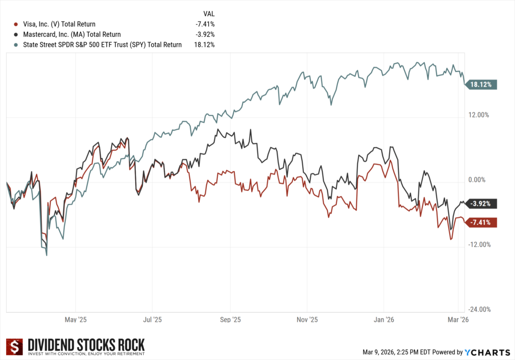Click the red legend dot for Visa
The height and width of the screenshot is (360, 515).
pos(16,24)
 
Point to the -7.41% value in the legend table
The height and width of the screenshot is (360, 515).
pos(205,24)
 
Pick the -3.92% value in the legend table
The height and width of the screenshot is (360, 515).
pos(205,34)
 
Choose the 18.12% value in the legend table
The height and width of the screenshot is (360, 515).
pos(204,45)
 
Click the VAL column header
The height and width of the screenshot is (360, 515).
pos(208,13)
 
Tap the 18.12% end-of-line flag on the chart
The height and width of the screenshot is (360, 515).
pos(482,84)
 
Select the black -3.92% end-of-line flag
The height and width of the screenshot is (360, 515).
pos(483,204)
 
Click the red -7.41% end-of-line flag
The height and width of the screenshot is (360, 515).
pos(483,222)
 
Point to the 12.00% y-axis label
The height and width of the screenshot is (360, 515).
pos(478,115)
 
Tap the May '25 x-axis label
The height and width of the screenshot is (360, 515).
pos(75,319)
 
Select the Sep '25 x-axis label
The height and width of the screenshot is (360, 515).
pos(230,319)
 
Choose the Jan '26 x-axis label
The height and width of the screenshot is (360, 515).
pos(384,319)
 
